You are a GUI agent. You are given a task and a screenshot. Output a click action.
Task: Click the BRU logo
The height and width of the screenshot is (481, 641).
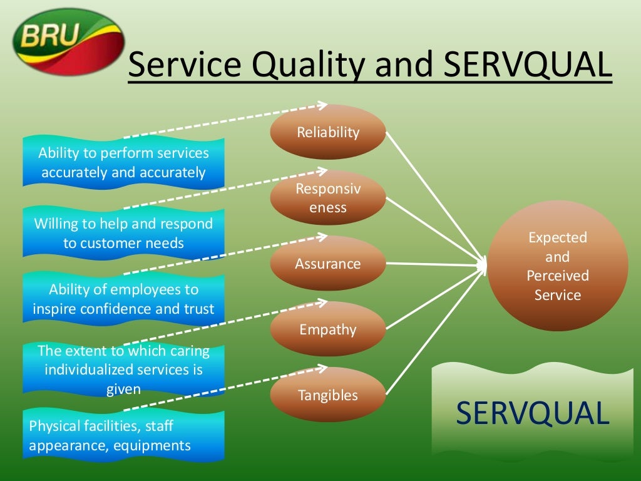point(68,41)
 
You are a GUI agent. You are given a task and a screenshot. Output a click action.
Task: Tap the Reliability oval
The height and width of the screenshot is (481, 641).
point(328,132)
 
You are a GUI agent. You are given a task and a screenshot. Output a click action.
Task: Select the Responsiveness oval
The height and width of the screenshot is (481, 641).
point(328,198)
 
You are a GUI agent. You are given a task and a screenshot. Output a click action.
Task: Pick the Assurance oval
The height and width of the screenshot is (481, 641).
point(328,264)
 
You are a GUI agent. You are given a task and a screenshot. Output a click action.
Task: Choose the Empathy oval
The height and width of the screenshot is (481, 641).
point(328,329)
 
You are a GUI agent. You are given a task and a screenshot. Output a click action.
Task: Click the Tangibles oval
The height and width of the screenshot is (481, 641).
point(328,395)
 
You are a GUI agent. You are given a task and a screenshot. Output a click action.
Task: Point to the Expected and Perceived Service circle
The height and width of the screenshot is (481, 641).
point(557,266)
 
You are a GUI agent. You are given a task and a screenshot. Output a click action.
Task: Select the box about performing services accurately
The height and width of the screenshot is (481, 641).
point(123,162)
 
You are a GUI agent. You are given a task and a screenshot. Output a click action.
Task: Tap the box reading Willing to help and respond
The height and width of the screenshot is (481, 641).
point(123,233)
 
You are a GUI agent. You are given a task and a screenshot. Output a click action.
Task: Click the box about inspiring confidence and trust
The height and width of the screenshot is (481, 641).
point(123,299)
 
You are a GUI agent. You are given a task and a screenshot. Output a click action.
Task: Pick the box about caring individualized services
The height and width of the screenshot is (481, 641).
point(123,370)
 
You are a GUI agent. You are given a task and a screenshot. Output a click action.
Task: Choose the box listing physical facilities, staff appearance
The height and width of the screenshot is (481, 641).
point(123,436)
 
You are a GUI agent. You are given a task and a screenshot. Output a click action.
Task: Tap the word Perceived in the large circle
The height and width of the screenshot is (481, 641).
point(557,276)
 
